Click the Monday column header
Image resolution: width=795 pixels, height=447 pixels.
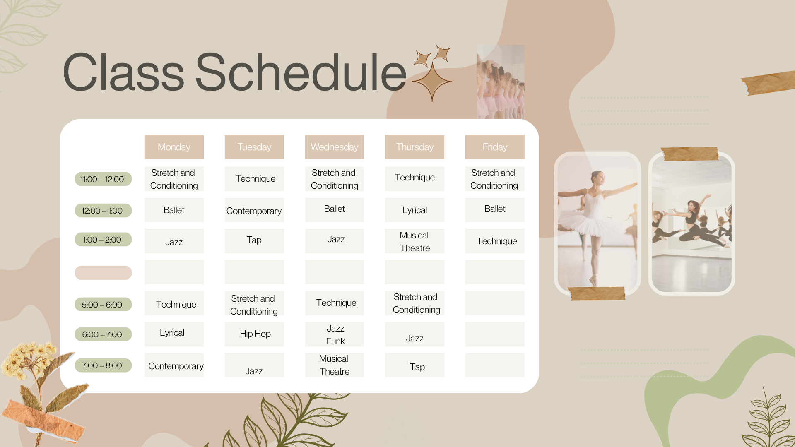tap(174, 147)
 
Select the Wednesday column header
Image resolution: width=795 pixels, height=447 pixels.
tap(334, 147)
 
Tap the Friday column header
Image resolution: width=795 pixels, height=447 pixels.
tap(495, 147)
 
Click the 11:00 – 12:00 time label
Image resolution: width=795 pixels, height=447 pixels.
tap(103, 179)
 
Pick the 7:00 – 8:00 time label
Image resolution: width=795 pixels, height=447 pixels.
tap(103, 365)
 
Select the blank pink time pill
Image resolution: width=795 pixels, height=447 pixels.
tap(103, 273)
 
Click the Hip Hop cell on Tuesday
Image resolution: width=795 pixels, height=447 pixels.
tap(254, 334)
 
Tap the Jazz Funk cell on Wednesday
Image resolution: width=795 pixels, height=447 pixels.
tap(335, 334)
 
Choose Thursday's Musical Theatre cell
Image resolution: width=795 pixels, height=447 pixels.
tap(414, 241)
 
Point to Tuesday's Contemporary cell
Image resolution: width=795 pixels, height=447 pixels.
tap(254, 211)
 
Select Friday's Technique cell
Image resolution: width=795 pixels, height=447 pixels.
tap(495, 241)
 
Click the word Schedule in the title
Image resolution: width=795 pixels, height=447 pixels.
tap(301, 72)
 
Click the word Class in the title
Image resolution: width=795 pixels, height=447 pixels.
tap(123, 72)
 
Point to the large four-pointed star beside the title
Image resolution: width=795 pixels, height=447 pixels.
tap(432, 82)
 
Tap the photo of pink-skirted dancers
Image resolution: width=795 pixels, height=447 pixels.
tap(501, 83)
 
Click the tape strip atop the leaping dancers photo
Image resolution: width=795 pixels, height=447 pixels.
tap(690, 154)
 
